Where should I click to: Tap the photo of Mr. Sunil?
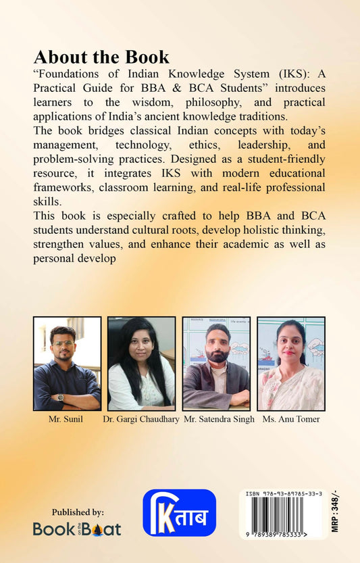pyautogui.click(x=68, y=364)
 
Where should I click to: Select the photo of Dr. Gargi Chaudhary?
pyautogui.click(x=141, y=364)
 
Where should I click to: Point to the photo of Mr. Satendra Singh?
pyautogui.click(x=216, y=364)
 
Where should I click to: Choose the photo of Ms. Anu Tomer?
pyautogui.click(x=291, y=364)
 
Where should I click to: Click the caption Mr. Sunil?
pyautogui.click(x=67, y=420)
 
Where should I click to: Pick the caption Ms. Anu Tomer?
pyautogui.click(x=290, y=420)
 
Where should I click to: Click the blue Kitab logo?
pyautogui.click(x=179, y=512)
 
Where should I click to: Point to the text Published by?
pyautogui.click(x=70, y=512)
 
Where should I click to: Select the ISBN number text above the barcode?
pyautogui.click(x=282, y=495)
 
